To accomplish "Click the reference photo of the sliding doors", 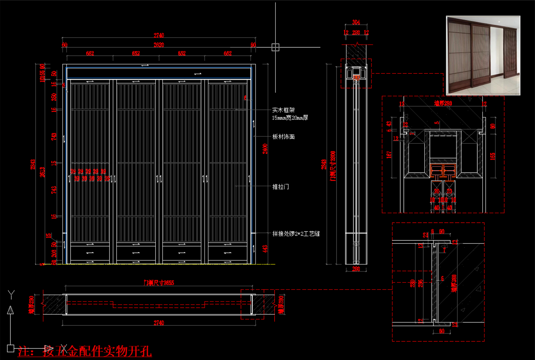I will click(483, 55).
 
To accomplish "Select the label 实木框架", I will click(283, 110).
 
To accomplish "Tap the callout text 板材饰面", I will click(283, 137).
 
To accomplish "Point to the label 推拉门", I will click(280, 187).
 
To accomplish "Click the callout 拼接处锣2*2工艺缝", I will click(296, 234).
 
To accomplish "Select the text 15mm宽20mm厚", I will click(290, 118).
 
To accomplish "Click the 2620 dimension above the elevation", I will click(159, 45).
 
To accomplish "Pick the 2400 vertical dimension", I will click(265, 149).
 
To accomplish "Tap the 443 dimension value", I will click(265, 249).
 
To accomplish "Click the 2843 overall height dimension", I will click(33, 164).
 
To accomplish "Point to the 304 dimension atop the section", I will click(356, 22).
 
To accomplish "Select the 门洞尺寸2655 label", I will click(159, 283).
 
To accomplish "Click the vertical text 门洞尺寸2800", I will click(333, 166).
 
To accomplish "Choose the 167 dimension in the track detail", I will click(389, 154).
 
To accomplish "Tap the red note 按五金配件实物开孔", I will click(97, 351).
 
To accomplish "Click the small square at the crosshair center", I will click(275, 47).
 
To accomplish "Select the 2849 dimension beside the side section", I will click(324, 164).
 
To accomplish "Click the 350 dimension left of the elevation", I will click(54, 97).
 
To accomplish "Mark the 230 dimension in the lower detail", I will click(412, 283).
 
